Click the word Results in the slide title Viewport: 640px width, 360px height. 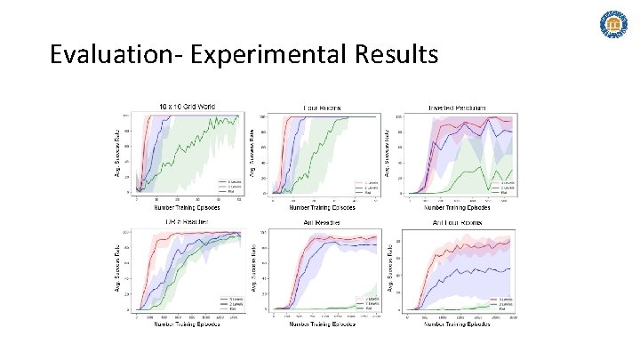pos(394,55)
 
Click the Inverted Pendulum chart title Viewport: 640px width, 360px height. pos(459,108)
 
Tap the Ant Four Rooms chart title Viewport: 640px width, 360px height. pos(459,221)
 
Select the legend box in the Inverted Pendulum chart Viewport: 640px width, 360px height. pos(503,186)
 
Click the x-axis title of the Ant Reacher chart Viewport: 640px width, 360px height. pos(326,324)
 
